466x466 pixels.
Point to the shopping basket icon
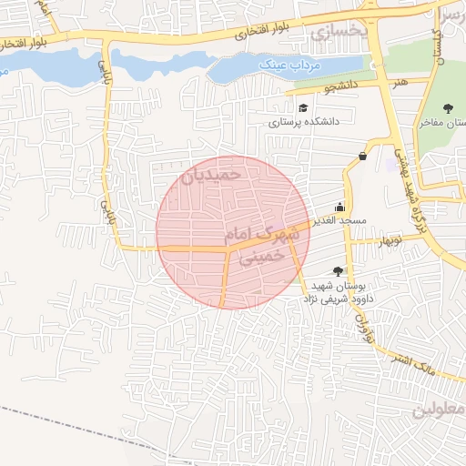pyautogui.click(x=363, y=156)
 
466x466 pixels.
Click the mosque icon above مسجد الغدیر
pyautogui.click(x=340, y=207)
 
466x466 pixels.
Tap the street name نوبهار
pyautogui.click(x=389, y=240)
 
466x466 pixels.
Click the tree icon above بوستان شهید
pyautogui.click(x=339, y=271)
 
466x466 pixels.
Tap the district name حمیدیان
pyautogui.click(x=211, y=173)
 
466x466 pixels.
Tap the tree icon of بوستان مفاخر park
pyautogui.click(x=447, y=108)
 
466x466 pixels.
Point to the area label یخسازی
pyautogui.click(x=338, y=32)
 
